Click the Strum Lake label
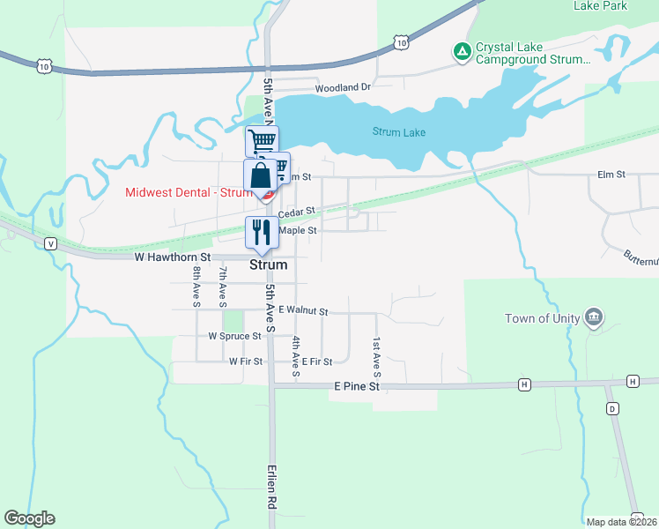click(398, 133)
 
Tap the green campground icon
click(462, 53)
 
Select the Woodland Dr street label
click(344, 88)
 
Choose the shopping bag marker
click(262, 175)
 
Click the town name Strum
click(270, 264)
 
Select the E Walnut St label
click(302, 311)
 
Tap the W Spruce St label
click(235, 336)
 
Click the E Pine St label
click(356, 386)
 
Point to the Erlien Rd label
click(273, 487)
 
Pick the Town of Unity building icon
click(593, 317)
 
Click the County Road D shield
click(612, 408)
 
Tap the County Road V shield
click(51, 243)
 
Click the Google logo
click(29, 518)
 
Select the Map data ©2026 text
click(620, 522)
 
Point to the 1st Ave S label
click(376, 351)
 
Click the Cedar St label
click(296, 213)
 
